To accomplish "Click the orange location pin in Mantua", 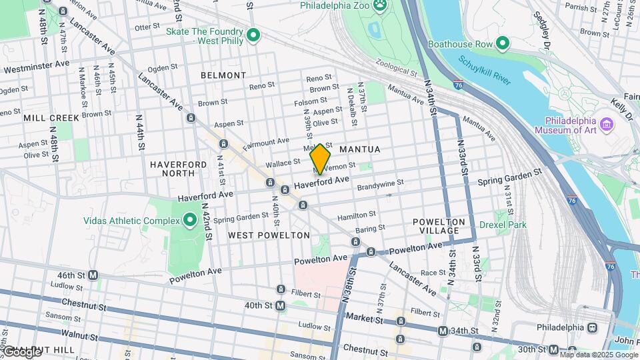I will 320,159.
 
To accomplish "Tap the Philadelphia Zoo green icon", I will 380,6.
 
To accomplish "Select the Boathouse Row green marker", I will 503,45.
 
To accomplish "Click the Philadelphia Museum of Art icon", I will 606,125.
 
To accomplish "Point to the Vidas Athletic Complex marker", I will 189,221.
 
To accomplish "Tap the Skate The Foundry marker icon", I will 253,35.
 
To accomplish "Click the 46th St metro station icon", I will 93,275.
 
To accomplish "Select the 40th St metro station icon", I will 281,305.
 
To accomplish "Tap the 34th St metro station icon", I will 442,331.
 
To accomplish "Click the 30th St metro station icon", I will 553,349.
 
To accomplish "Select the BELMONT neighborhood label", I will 223,75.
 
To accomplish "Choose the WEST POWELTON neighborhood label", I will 269,235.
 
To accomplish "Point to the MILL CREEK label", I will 51,117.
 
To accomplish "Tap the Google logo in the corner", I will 21,351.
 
